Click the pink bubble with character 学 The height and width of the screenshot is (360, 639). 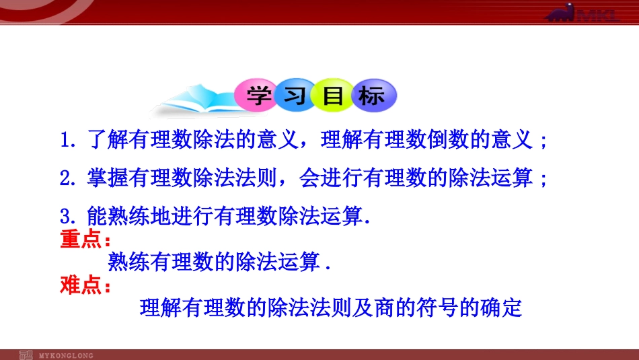point(257,97)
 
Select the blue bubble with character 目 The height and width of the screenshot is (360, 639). point(332,97)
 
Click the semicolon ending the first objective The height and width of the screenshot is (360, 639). point(543,143)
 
